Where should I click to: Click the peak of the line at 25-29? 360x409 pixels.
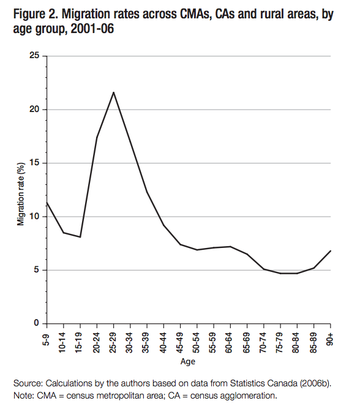113,92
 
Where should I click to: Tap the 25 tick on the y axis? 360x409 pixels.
35,56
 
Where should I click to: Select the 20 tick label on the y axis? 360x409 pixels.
35,110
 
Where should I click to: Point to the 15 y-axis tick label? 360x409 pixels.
35,163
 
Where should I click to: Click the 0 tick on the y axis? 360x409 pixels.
37,323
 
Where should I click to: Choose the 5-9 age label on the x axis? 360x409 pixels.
47,338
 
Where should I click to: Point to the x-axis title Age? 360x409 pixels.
188,362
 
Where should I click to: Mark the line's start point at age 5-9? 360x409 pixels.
47,203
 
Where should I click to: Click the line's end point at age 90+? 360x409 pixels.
331,250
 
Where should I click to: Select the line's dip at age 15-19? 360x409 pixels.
80,237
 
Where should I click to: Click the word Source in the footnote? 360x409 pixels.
26,383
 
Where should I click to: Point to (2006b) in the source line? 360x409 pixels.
312,383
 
